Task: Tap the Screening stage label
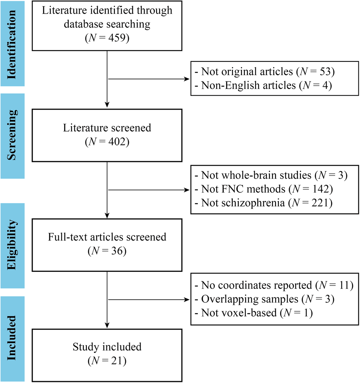(x=14, y=130)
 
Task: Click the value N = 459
(x=108, y=39)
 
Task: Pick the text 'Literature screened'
(x=108, y=128)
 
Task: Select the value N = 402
(x=108, y=143)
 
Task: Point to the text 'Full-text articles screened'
(x=107, y=237)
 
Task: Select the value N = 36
(x=108, y=252)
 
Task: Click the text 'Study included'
(x=108, y=347)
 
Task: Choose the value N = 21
(x=108, y=361)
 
